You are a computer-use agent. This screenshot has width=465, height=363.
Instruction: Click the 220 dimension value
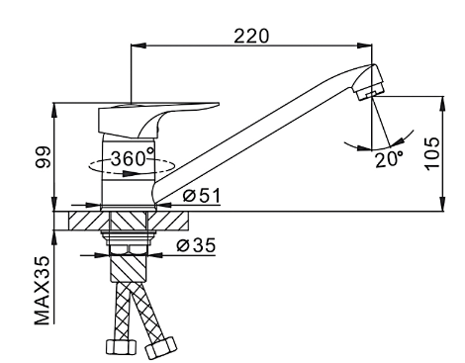tap(251, 36)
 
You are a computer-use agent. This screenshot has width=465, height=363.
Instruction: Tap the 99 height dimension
tap(44, 157)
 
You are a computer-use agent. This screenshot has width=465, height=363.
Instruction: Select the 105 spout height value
tap(432, 153)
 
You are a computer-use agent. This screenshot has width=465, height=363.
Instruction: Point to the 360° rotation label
tap(133, 158)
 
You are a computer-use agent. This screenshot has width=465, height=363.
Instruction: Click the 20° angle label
tap(389, 159)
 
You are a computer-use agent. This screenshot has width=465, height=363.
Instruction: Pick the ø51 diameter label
tap(202, 196)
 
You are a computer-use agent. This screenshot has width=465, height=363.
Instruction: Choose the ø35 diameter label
tap(196, 245)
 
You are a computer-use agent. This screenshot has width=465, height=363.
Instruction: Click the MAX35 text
tap(43, 290)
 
